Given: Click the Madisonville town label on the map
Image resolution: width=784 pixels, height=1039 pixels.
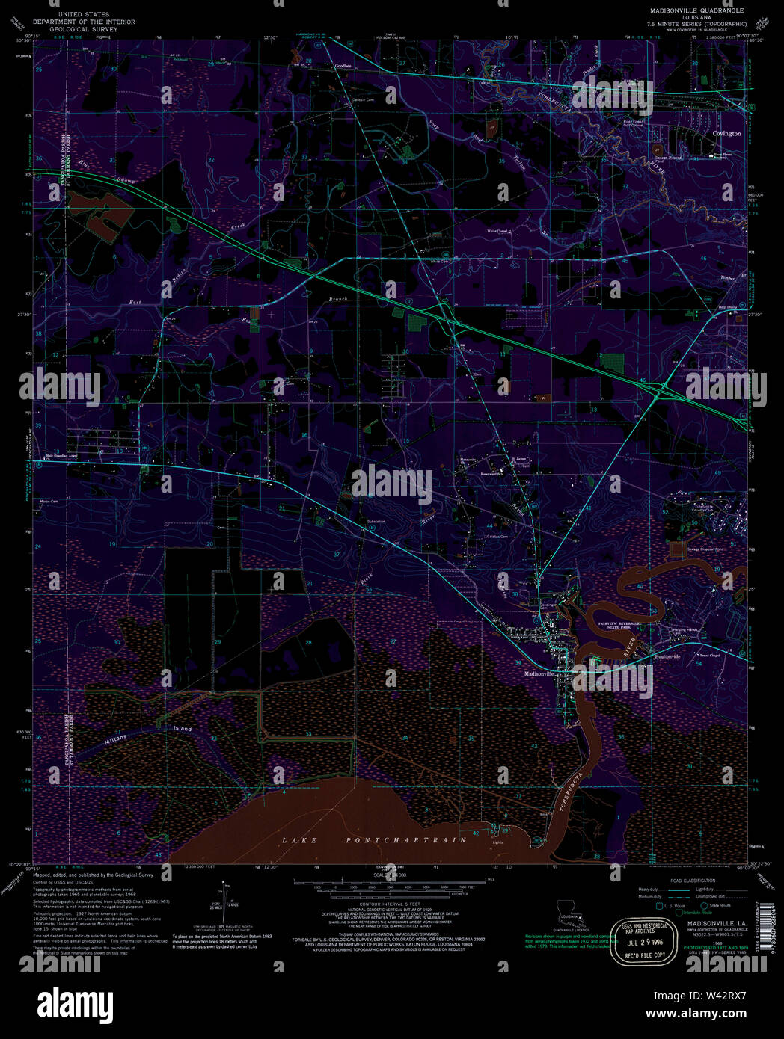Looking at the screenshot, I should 539,673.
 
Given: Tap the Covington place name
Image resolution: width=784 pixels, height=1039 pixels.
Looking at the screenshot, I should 726,134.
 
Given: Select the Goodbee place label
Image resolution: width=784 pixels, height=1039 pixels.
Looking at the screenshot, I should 343,66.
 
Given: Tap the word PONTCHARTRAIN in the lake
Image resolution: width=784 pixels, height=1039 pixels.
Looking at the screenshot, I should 406,840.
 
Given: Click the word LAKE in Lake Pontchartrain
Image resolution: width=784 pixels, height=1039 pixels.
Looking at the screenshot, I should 299,840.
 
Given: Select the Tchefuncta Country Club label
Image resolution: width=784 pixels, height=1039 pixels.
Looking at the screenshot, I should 702,508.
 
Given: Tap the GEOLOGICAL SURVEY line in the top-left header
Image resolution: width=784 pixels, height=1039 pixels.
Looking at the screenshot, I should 84,29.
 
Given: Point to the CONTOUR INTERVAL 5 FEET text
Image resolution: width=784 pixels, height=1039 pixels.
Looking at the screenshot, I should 389,904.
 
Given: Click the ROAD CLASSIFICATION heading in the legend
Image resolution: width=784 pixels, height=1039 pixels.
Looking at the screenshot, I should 692,881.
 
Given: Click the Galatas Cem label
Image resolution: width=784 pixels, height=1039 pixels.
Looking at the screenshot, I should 497,537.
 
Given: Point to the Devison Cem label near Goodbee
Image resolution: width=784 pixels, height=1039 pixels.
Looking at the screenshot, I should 364,99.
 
